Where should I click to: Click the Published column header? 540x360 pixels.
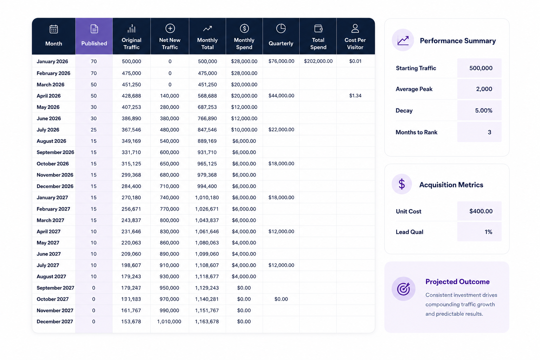pos(94,43)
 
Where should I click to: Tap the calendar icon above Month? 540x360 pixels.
pos(53,29)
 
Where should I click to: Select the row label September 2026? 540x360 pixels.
pos(55,152)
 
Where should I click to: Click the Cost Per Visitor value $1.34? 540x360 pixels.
pos(355,96)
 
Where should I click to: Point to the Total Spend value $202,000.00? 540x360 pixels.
pos(318,61)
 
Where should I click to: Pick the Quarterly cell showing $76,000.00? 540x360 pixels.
pos(281,61)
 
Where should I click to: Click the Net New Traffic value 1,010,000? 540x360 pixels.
pos(169,321)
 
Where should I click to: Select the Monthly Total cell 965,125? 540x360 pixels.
pos(207,163)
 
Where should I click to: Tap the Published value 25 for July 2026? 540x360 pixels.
pos(94,129)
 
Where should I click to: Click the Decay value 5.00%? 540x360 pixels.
pos(484,110)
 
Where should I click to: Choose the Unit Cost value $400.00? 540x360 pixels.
pos(481,211)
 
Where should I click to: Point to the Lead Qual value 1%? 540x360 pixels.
pos(488,232)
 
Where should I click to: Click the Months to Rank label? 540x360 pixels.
pos(416,132)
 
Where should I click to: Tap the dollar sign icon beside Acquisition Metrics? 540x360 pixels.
pos(401,184)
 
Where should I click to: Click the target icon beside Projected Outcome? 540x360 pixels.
pos(404,289)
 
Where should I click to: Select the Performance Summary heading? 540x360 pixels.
pos(457,40)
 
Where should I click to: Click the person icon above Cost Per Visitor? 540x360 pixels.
pos(355,28)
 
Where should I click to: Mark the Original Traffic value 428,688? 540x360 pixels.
pos(131,96)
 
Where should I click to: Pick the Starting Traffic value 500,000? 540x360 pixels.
pos(481,68)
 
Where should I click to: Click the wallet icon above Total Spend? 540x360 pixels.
pos(318,28)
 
